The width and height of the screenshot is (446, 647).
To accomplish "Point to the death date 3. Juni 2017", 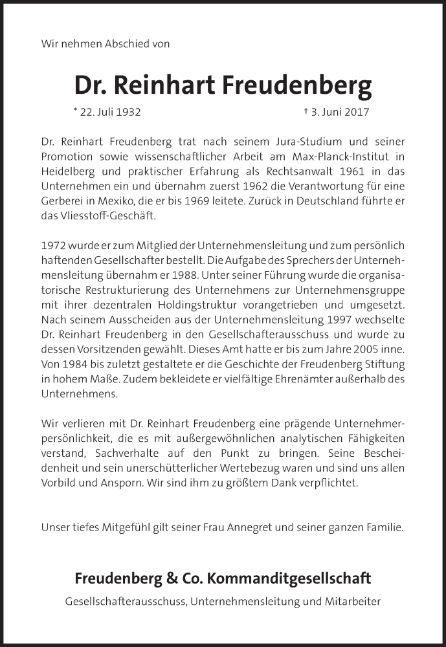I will click(340, 111).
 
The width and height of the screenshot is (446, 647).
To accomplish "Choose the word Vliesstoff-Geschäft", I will click(100, 215).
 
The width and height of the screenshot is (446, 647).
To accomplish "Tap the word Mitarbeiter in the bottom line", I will click(355, 601).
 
